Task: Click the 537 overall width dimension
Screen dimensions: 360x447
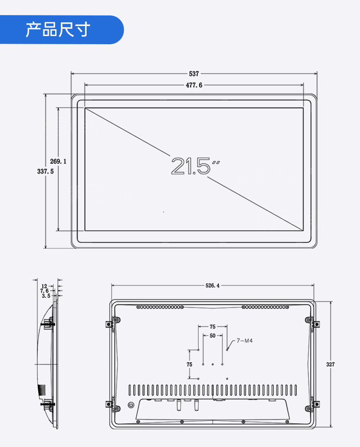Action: pyautogui.click(x=194, y=74)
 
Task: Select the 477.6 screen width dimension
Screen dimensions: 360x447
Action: pyautogui.click(x=194, y=85)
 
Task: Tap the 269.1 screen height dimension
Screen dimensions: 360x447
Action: pyautogui.click(x=58, y=161)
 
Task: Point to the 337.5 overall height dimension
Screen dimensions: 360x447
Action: pyautogui.click(x=45, y=172)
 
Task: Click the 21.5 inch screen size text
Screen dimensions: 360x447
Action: pyautogui.click(x=195, y=166)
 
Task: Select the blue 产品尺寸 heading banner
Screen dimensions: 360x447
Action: pyautogui.click(x=62, y=30)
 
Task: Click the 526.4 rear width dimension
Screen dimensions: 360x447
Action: pyautogui.click(x=212, y=286)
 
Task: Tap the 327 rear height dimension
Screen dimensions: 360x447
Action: pyautogui.click(x=330, y=364)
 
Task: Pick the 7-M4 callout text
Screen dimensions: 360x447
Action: pyautogui.click(x=245, y=341)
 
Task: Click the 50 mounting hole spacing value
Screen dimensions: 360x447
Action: pyautogui.click(x=212, y=336)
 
